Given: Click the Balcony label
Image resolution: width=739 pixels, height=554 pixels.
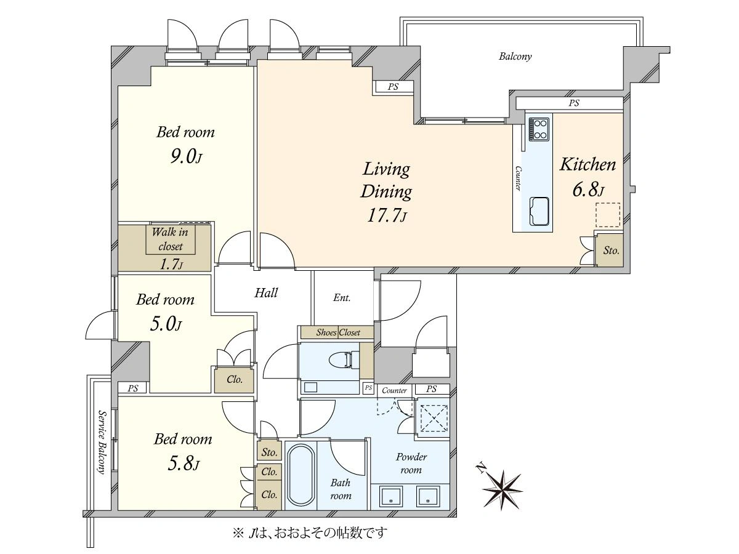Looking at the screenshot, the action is tap(515, 56).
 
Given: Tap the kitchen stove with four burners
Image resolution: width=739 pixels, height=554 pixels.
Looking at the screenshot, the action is tap(539, 129).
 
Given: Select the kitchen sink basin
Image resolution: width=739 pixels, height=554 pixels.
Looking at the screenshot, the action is tap(539, 211).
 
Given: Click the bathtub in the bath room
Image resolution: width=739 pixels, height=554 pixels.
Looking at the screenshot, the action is tap(301, 475).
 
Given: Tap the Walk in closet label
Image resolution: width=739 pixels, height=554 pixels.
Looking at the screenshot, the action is tap(170, 239).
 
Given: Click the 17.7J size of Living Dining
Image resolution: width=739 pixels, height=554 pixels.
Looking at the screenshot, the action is tap(387, 215).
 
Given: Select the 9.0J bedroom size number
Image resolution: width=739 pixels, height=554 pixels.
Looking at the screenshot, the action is tap(185, 156).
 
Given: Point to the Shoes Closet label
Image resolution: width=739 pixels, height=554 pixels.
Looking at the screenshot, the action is tap(337, 332).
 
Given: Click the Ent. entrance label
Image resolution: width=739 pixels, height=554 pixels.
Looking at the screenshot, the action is tap(342, 298).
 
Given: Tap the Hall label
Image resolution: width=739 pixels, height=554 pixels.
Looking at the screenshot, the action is tap(266, 292).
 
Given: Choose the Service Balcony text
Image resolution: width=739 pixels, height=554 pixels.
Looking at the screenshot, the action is tap(101, 441).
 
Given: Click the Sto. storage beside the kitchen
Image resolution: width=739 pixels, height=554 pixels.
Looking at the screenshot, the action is tap(611, 251).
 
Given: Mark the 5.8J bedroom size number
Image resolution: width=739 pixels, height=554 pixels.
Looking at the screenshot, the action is tap(183, 464).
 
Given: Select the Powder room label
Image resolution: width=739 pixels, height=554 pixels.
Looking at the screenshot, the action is tap(411, 463).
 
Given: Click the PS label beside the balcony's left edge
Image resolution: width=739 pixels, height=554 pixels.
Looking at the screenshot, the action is tap(393, 87).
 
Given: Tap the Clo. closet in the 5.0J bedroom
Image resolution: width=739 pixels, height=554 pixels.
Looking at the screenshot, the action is tap(235, 379).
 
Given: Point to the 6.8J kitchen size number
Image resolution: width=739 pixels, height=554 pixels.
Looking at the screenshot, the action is tap(588, 190).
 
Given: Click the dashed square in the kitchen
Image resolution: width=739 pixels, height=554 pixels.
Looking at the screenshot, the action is tap(607, 215).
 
